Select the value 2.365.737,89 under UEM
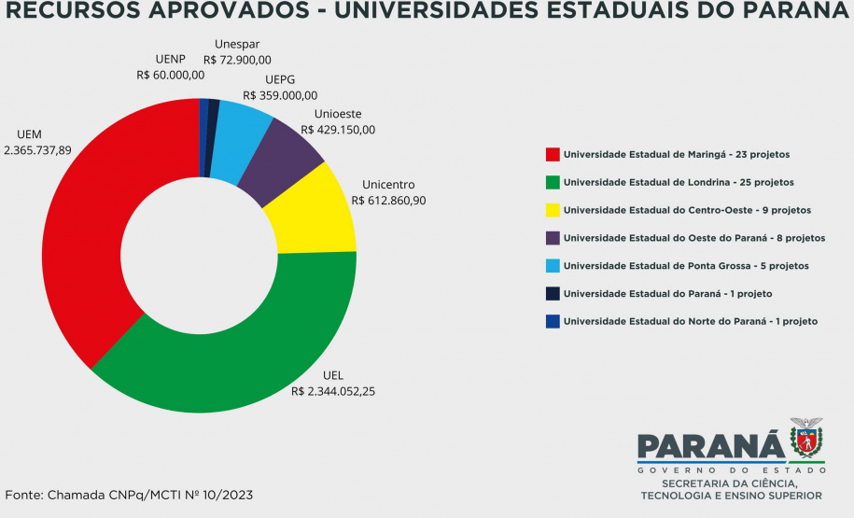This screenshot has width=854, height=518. [37, 149]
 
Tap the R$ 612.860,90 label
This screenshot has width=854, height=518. [388, 200]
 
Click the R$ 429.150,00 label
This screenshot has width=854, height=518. [338, 130]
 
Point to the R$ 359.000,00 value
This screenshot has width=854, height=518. [280, 95]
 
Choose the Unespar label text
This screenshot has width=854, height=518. [237, 44]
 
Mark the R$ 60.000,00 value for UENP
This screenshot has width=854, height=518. [171, 75]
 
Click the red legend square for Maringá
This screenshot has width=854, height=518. [553, 154]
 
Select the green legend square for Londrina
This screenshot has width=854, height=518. [553, 182]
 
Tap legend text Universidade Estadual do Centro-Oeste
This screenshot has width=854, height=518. [688, 210]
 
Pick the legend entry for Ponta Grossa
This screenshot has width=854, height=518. [686, 266]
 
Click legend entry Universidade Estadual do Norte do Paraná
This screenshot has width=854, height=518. [691, 321]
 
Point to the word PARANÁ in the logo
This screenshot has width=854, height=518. [709, 446]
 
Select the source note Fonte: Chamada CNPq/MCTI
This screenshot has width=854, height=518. [129, 494]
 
